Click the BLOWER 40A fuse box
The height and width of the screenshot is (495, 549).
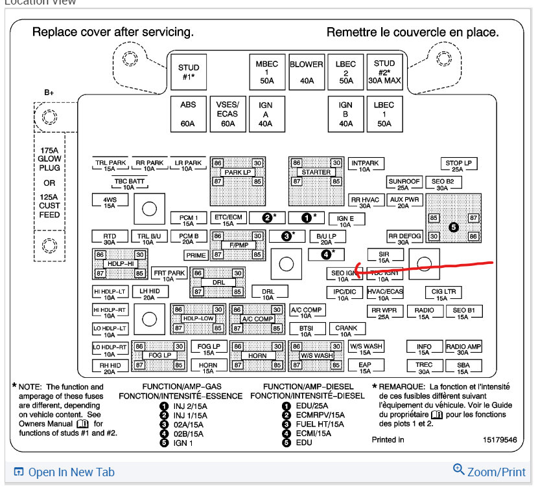(307, 72)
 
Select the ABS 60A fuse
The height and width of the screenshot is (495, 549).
(188, 114)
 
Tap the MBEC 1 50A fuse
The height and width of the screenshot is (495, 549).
(266, 72)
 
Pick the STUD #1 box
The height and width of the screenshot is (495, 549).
(189, 72)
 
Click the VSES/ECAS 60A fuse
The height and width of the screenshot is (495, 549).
(228, 114)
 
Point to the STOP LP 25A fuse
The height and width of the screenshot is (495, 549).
(458, 166)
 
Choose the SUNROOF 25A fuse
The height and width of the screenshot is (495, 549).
(404, 184)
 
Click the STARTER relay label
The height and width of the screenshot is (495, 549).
(316, 173)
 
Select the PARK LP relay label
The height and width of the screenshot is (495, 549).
(238, 173)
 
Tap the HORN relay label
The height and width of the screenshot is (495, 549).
(258, 356)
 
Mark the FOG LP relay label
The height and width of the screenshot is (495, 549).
(159, 356)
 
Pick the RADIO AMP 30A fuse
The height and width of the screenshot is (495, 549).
(463, 349)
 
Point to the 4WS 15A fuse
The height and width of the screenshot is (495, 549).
(110, 202)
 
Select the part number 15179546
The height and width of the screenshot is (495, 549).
(499, 440)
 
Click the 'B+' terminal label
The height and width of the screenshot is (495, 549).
(49, 93)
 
